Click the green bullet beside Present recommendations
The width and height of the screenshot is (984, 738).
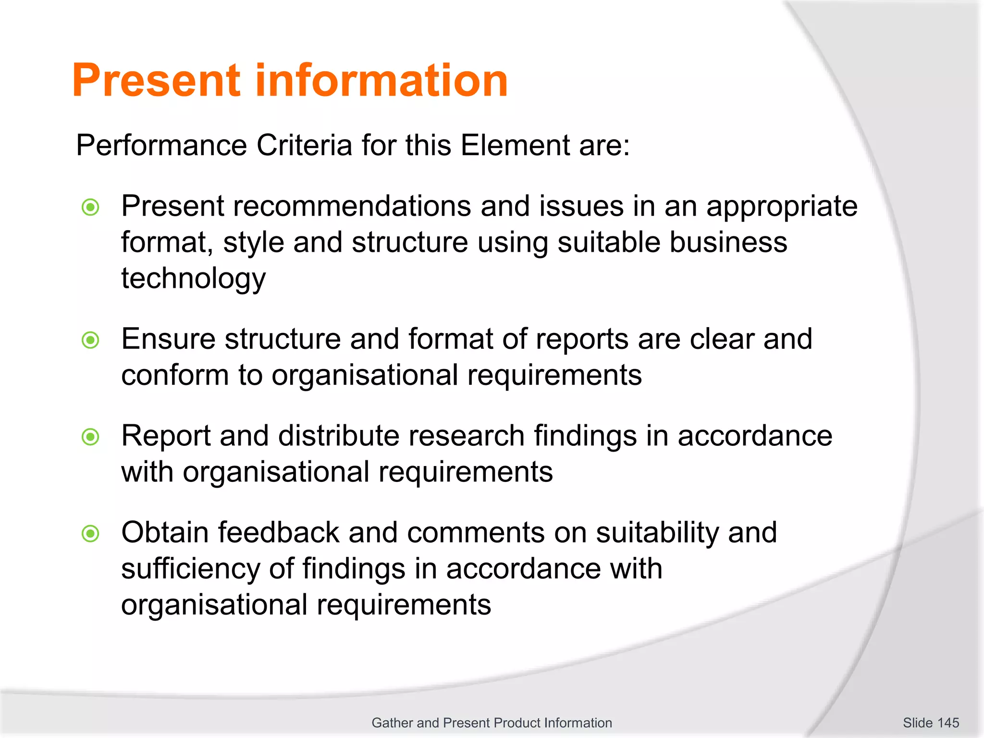tap(90, 208)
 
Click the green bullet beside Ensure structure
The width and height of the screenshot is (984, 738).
tap(90, 340)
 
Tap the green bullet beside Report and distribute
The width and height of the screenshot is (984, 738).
tap(90, 437)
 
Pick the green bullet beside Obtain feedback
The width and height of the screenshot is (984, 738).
tap(90, 533)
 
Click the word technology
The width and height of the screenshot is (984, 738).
tap(193, 279)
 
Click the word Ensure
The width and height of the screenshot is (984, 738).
tap(168, 339)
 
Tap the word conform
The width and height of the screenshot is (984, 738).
tap(175, 375)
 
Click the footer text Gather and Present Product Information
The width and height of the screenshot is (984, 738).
tap(492, 723)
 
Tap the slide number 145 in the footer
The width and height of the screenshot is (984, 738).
tap(948, 723)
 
